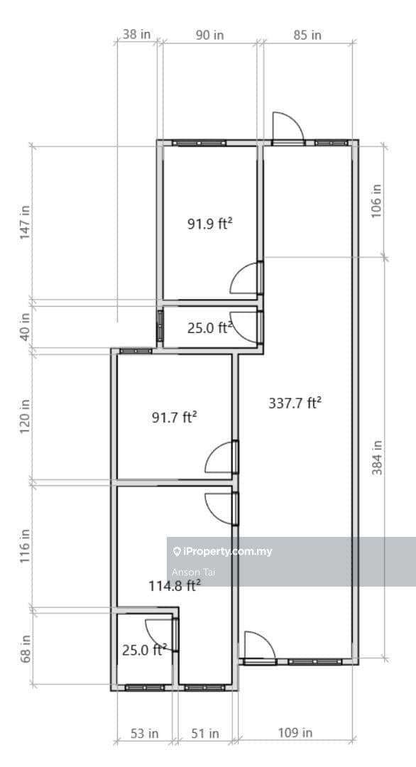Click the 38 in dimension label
[137, 34]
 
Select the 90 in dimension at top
[209, 34]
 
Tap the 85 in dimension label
[306, 34]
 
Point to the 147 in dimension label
[26, 223]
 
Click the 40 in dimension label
[26, 326]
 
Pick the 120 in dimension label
[26, 416]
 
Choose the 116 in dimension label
[26, 545]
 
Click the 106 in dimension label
[376, 201]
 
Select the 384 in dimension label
[376, 458]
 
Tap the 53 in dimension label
[143, 733]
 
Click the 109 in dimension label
[295, 733]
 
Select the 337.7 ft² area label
[295, 403]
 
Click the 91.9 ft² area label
[211, 224]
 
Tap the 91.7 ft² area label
[175, 418]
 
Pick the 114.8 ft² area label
[175, 586]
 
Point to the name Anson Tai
[193, 571]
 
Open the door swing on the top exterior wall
[288, 128]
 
